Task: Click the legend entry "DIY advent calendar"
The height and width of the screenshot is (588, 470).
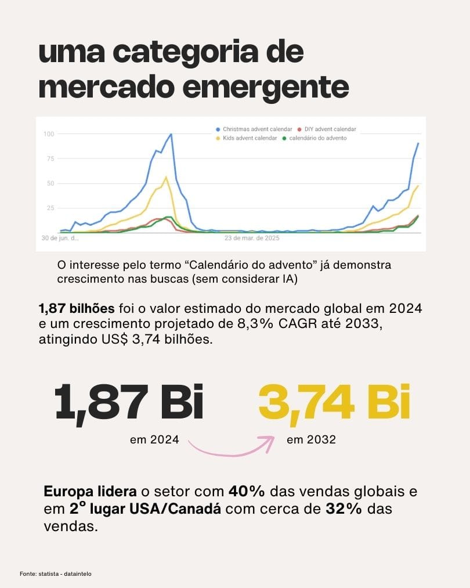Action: pos(326,129)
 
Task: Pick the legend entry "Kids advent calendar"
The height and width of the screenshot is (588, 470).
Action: pos(247,138)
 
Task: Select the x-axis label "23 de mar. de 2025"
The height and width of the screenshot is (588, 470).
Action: pos(252,238)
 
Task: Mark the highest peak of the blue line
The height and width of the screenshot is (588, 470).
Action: pos(171,134)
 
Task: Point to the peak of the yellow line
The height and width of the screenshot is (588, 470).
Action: pos(166,177)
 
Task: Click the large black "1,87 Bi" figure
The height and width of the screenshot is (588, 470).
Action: pos(129,401)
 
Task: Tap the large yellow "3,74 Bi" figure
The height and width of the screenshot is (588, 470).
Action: pos(334,401)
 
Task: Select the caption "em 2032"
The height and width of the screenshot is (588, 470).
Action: pos(311,439)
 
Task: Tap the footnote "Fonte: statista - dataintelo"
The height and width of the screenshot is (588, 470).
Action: pos(55,574)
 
